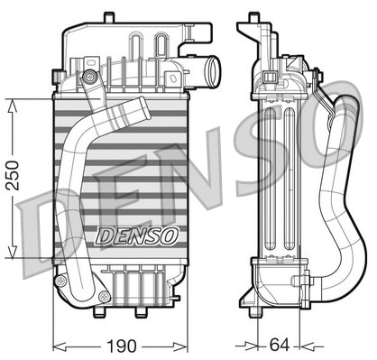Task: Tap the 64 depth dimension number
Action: coord(278,345)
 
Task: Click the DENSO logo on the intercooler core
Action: coord(137,236)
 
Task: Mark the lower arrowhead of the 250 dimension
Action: coord(11,254)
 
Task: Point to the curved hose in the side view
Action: coord(335,180)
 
